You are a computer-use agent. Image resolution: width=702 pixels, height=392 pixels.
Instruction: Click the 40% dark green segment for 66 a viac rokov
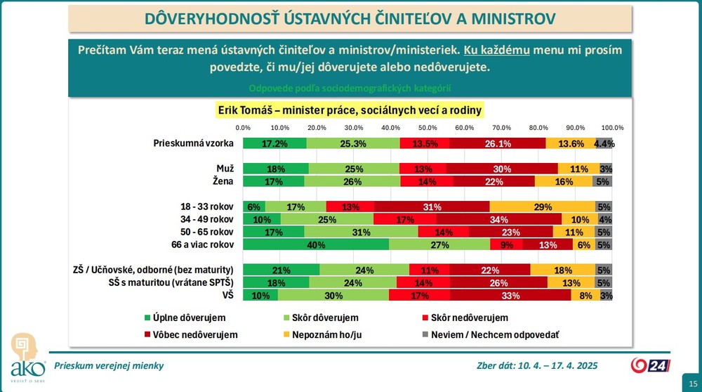coord(316,244)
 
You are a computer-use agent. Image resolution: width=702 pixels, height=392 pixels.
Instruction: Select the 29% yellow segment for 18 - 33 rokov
coord(542,207)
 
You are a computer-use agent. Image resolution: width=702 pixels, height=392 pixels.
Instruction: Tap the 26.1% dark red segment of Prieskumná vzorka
coord(497,143)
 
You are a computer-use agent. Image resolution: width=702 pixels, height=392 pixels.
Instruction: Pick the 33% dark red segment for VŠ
coord(510,295)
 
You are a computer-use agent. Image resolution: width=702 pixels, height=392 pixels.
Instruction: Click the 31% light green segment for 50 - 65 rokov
coord(361,232)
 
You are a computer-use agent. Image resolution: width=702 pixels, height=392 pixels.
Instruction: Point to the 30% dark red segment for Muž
coord(502,169)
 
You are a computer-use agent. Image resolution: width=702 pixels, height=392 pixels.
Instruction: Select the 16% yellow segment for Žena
coord(564,181)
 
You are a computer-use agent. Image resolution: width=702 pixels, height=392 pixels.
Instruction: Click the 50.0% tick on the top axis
coord(428,128)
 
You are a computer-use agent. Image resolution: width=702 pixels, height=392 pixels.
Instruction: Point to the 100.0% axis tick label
coord(612,128)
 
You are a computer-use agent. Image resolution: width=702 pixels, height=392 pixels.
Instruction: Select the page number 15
coord(684,380)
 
